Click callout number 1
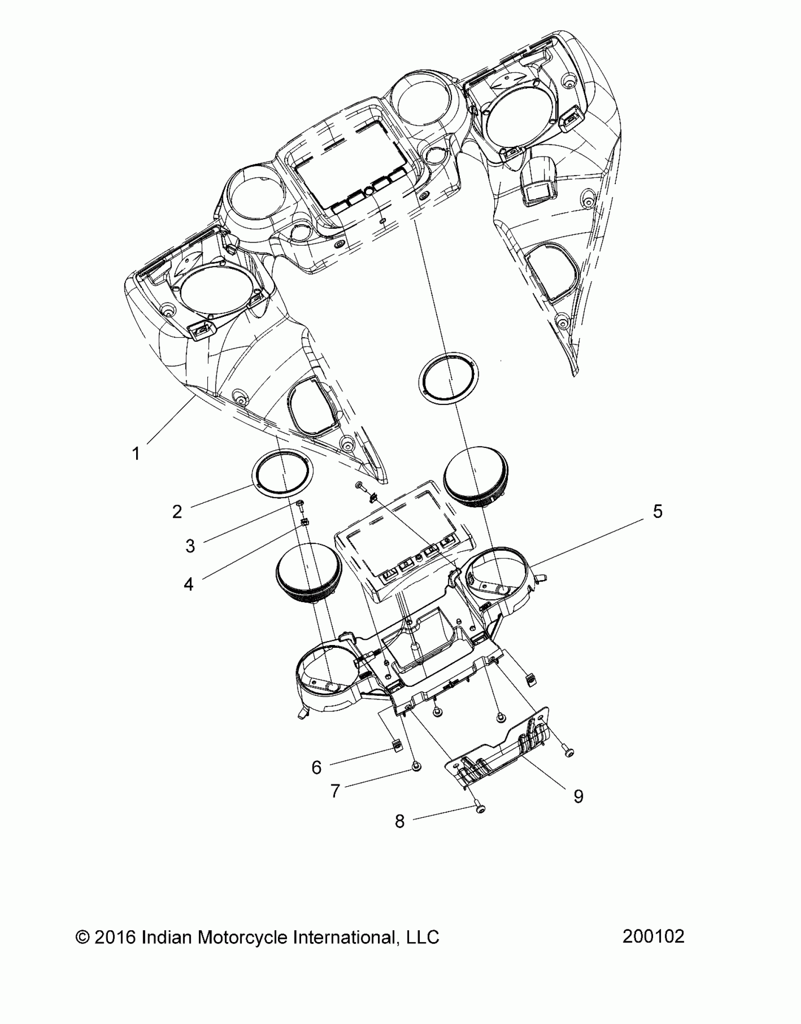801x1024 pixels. click(x=136, y=454)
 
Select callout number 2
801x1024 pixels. click(x=177, y=512)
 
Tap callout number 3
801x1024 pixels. click(x=190, y=546)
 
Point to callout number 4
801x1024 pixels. click(x=188, y=585)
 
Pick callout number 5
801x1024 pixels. click(x=657, y=512)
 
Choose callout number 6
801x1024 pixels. click(x=317, y=768)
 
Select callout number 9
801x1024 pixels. click(x=578, y=796)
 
